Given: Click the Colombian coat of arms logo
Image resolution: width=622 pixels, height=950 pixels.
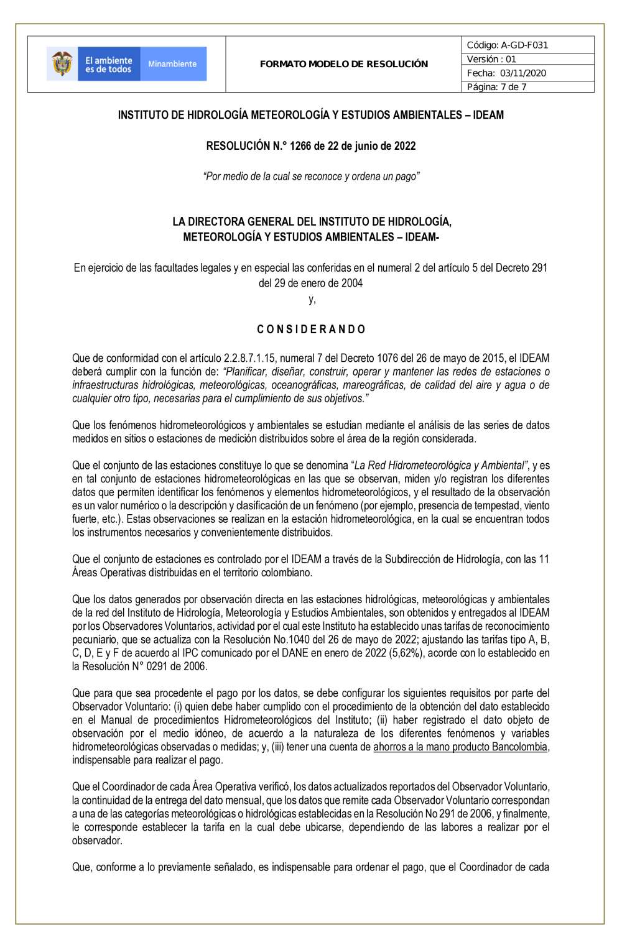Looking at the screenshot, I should [x=62, y=64].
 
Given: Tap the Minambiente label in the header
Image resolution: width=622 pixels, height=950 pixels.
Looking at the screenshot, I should [x=172, y=64].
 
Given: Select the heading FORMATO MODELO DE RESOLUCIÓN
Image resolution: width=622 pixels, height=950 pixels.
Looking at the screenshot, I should [x=344, y=64].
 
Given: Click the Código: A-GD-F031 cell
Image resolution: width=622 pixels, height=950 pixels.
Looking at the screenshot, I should [x=508, y=45].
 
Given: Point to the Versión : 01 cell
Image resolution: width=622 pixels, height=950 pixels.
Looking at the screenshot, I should [x=491, y=59].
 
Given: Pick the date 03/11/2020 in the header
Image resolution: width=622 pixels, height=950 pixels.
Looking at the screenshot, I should [x=523, y=73].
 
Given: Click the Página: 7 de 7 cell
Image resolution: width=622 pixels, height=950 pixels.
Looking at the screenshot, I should [x=496, y=87].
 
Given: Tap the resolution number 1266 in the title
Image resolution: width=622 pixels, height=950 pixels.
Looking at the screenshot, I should [x=300, y=146].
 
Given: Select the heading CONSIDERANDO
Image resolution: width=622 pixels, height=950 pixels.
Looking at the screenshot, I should [x=311, y=330].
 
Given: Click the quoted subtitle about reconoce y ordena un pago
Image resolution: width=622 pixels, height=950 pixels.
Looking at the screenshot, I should [x=311, y=177].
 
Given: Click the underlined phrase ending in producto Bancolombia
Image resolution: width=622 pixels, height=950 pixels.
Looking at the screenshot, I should [x=461, y=747].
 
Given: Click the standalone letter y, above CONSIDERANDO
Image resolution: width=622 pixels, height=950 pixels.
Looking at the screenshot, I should [x=312, y=300].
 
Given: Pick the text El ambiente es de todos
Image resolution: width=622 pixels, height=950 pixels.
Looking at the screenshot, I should [x=109, y=65].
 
